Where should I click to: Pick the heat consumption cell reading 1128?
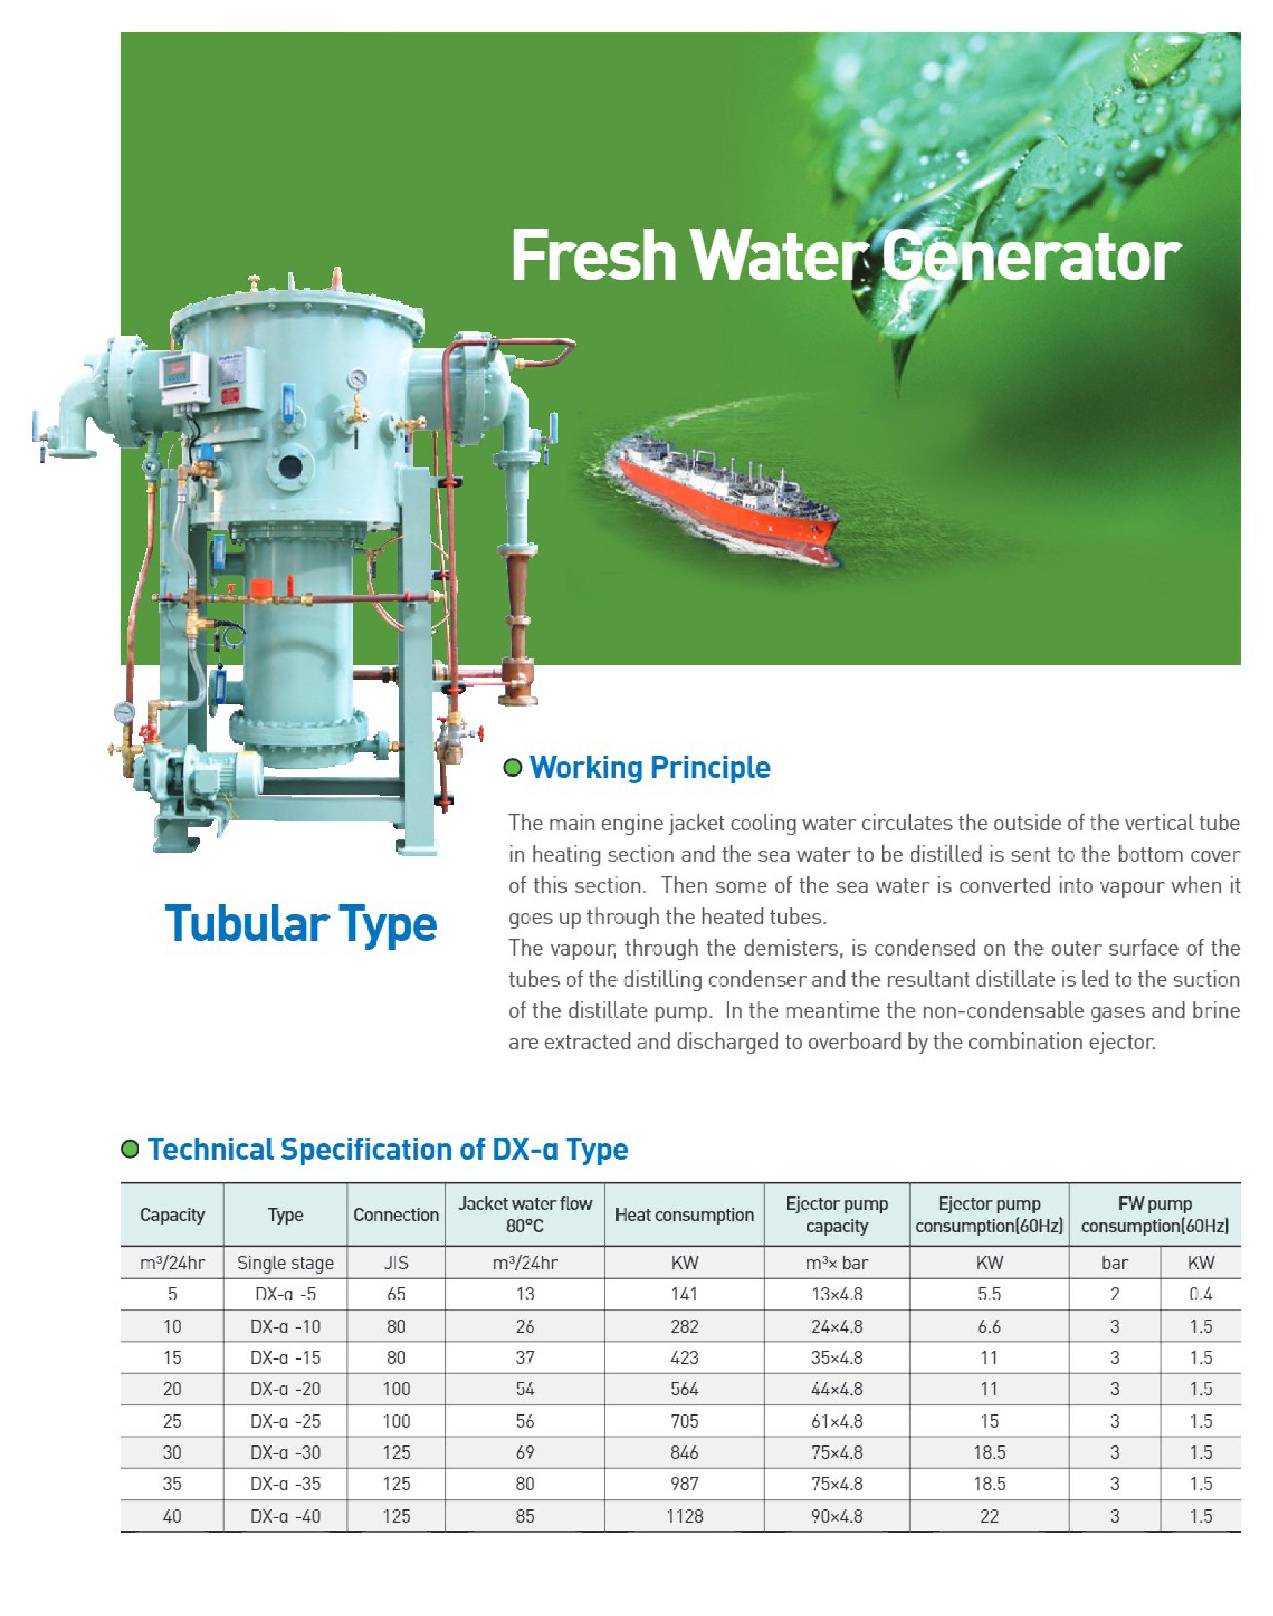[684, 1516]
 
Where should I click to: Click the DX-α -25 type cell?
[286, 1421]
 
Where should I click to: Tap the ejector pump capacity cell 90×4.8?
[837, 1516]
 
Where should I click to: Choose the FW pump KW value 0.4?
[1201, 1294]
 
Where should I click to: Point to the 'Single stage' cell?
[286, 1263]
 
